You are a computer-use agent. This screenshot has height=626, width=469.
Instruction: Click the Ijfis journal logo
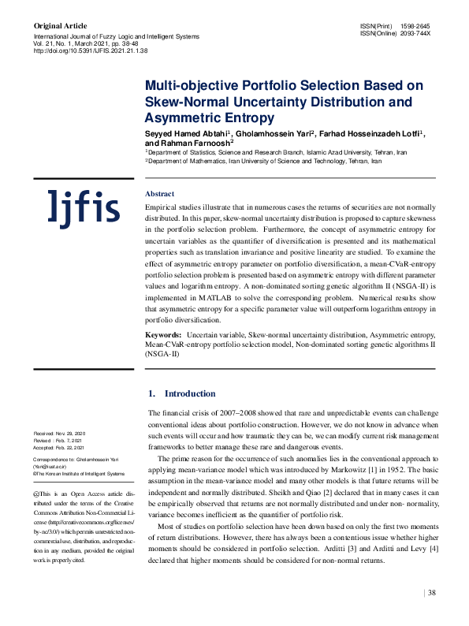click(x=84, y=208)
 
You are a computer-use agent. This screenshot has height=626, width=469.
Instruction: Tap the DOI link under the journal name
click(x=90, y=50)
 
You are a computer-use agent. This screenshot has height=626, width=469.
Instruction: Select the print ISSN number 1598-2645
click(x=415, y=26)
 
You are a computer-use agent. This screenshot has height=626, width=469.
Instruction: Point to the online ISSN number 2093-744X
click(x=415, y=33)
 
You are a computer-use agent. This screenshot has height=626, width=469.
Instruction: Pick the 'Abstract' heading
click(x=160, y=194)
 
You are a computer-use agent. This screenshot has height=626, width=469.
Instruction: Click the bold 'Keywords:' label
click(x=163, y=336)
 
